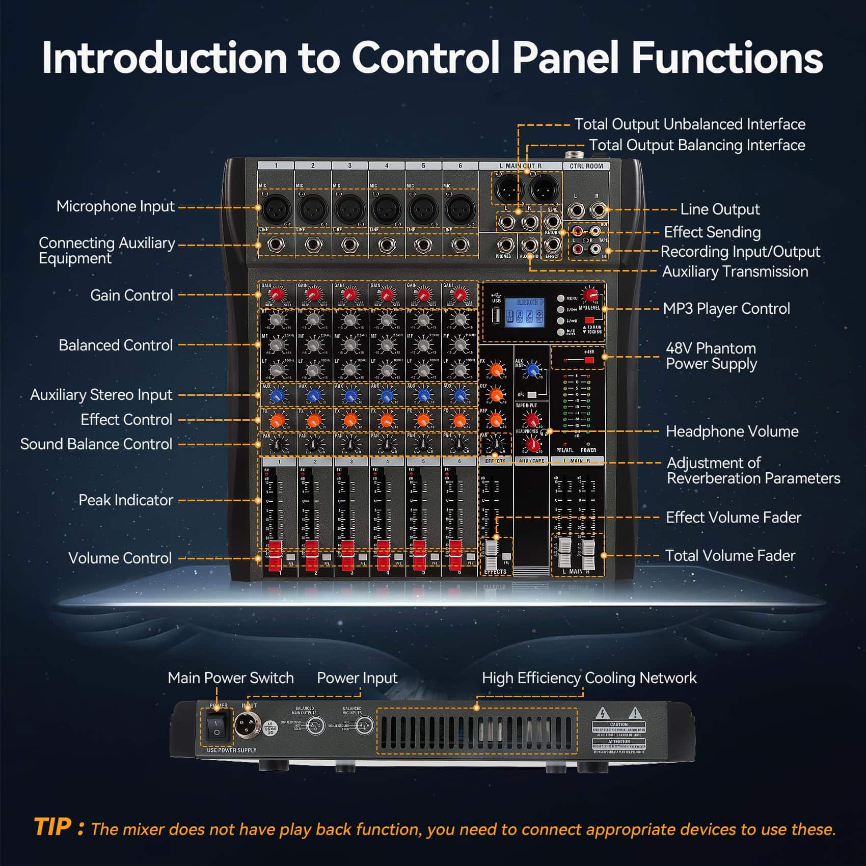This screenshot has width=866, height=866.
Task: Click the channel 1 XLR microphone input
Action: tap(276, 208)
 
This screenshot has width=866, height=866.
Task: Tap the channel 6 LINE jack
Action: tap(460, 245)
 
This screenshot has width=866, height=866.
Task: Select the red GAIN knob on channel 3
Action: tap(349, 294)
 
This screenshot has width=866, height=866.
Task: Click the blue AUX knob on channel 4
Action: tap(387, 395)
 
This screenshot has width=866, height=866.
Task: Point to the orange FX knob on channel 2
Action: tap(313, 420)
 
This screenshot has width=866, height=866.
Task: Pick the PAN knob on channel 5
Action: tap(423, 444)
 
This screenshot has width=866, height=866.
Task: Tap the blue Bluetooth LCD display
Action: tap(524, 313)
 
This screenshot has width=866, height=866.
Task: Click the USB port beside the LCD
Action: tap(496, 316)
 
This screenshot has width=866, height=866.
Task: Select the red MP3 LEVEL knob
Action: tap(591, 295)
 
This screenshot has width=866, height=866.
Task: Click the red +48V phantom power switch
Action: tap(589, 361)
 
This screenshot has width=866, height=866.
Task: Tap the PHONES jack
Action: tap(504, 245)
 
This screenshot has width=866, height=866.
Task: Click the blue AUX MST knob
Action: tap(532, 369)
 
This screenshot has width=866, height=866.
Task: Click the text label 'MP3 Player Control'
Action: tap(726, 309)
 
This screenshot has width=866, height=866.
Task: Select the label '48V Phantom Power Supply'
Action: tap(711, 356)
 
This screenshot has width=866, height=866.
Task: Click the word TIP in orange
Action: tap(53, 827)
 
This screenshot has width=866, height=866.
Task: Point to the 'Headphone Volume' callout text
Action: tap(732, 431)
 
